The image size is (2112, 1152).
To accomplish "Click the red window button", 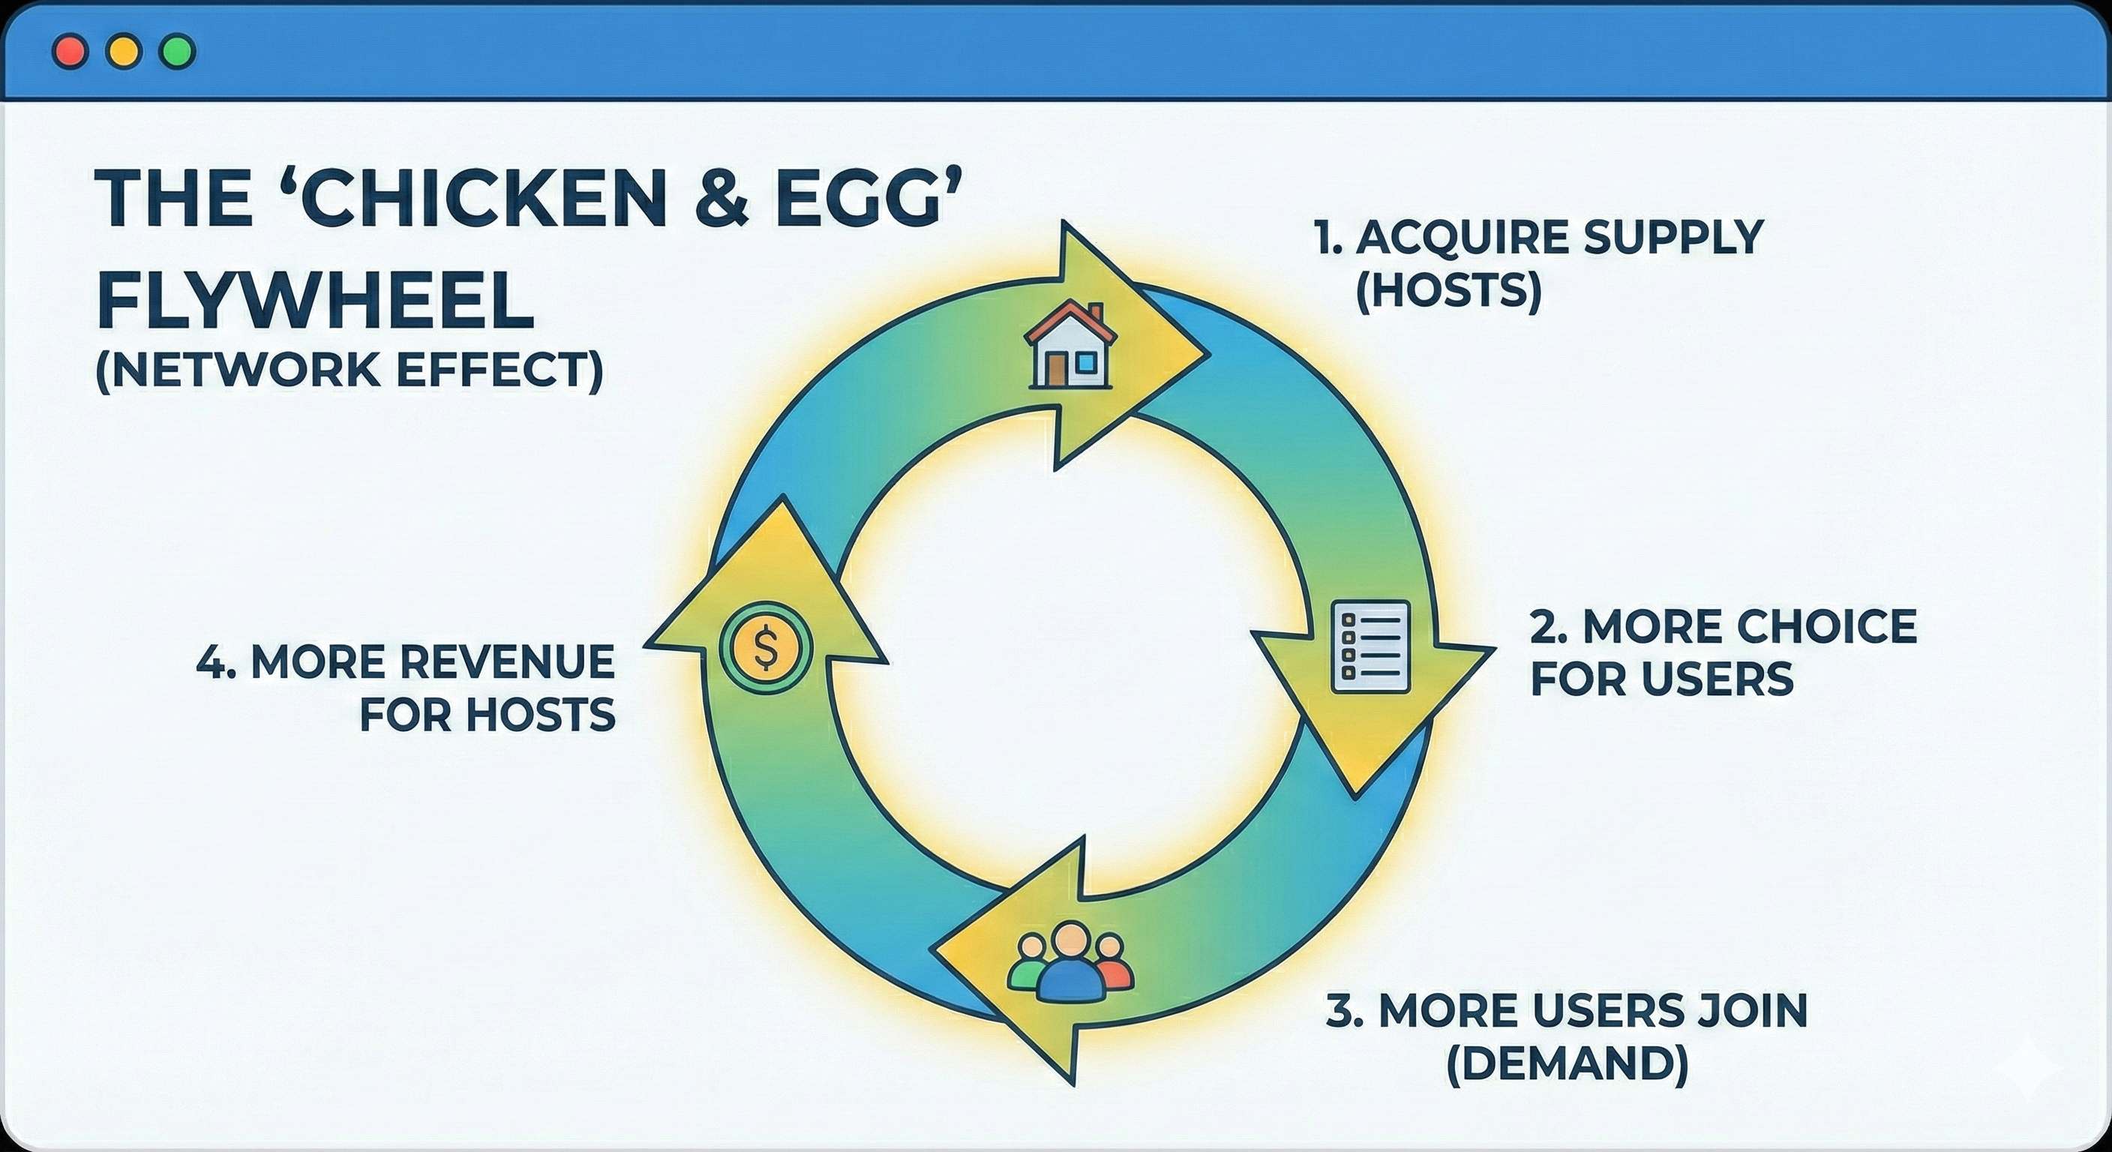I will (x=70, y=52).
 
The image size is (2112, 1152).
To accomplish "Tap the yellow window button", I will (x=124, y=52).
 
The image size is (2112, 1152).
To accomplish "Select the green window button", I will (x=177, y=52).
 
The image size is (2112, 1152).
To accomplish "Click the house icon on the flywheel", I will (x=1070, y=344).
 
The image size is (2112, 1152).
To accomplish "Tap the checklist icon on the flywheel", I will (x=1370, y=647).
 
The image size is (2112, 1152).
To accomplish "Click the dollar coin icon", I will (x=765, y=648).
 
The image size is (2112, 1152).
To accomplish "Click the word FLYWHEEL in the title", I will (x=316, y=301).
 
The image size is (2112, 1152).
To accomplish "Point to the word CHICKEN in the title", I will (x=484, y=199).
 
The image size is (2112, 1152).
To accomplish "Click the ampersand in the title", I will (x=721, y=199).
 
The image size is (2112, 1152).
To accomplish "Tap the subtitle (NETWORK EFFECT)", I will (x=349, y=370).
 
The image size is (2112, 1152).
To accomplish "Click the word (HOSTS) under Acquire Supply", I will (x=1449, y=290).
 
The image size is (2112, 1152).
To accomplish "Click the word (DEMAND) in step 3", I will (x=1567, y=1063).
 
